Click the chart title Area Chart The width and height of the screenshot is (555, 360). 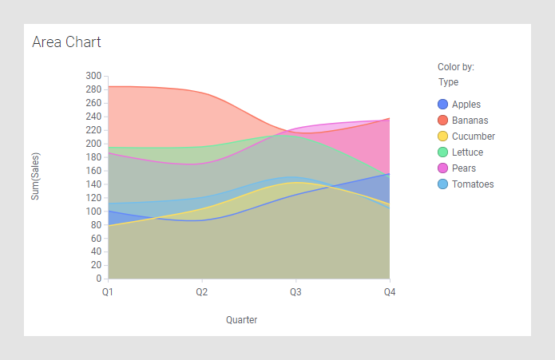pos(66,42)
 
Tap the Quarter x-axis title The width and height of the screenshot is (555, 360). pos(241,320)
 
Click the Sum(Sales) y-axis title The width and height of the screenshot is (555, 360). pos(36,176)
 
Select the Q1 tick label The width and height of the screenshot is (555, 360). pos(108,293)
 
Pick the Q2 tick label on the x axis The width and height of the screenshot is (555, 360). pos(202,293)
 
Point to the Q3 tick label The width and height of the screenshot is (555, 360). pos(295,293)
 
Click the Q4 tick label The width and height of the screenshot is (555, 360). pos(389,293)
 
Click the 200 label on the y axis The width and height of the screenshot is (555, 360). pos(94,144)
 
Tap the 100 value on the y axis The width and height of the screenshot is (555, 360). pos(94,212)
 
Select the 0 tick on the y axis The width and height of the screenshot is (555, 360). pos(98,279)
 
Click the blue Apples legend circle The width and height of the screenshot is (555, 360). pos(443,105)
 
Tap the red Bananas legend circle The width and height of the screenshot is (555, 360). pos(443,121)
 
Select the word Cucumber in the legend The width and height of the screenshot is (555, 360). pos(474,136)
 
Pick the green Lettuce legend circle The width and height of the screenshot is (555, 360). pos(443,152)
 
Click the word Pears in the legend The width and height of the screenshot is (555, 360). pos(464,168)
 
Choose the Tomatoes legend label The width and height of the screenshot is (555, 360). pos(473,184)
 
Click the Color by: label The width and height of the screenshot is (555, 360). pos(456,67)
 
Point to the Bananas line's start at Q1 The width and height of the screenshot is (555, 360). pos(109,86)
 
